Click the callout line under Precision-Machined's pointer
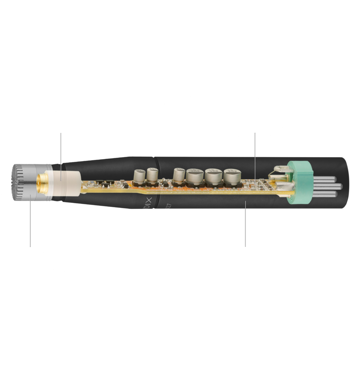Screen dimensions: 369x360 (246, 223)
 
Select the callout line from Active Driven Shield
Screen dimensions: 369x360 (61, 151)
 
